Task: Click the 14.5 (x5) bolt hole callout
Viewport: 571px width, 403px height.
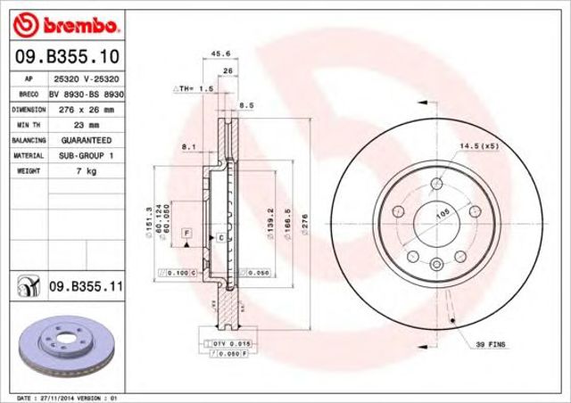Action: click(x=477, y=145)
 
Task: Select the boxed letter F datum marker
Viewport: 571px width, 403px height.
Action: click(x=186, y=233)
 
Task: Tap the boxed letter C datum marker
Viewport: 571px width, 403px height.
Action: click(x=219, y=237)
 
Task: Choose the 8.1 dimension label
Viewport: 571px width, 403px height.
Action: click(x=188, y=146)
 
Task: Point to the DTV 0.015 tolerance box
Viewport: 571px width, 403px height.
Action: click(x=225, y=342)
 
